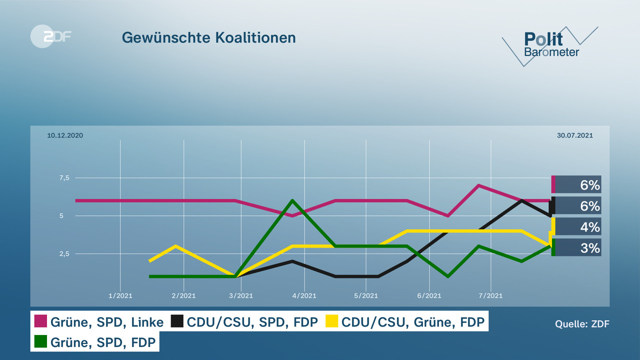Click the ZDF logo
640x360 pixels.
(x=50, y=36)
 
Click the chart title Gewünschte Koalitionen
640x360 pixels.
(x=208, y=37)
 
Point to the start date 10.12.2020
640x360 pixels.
(x=65, y=135)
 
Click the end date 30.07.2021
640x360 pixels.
(x=574, y=135)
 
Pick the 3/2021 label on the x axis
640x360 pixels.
(x=241, y=296)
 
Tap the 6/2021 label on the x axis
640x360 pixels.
(x=428, y=296)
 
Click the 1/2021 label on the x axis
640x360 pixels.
(x=120, y=296)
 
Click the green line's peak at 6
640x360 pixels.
(x=292, y=200)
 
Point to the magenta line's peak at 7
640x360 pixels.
(x=479, y=185)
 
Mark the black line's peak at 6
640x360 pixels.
(x=522, y=200)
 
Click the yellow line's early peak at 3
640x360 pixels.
(x=175, y=246)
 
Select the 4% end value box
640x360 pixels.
(x=577, y=227)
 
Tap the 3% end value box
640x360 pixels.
(x=577, y=247)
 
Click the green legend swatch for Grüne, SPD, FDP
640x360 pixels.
(x=40, y=342)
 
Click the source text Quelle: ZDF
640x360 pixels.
(x=582, y=324)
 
